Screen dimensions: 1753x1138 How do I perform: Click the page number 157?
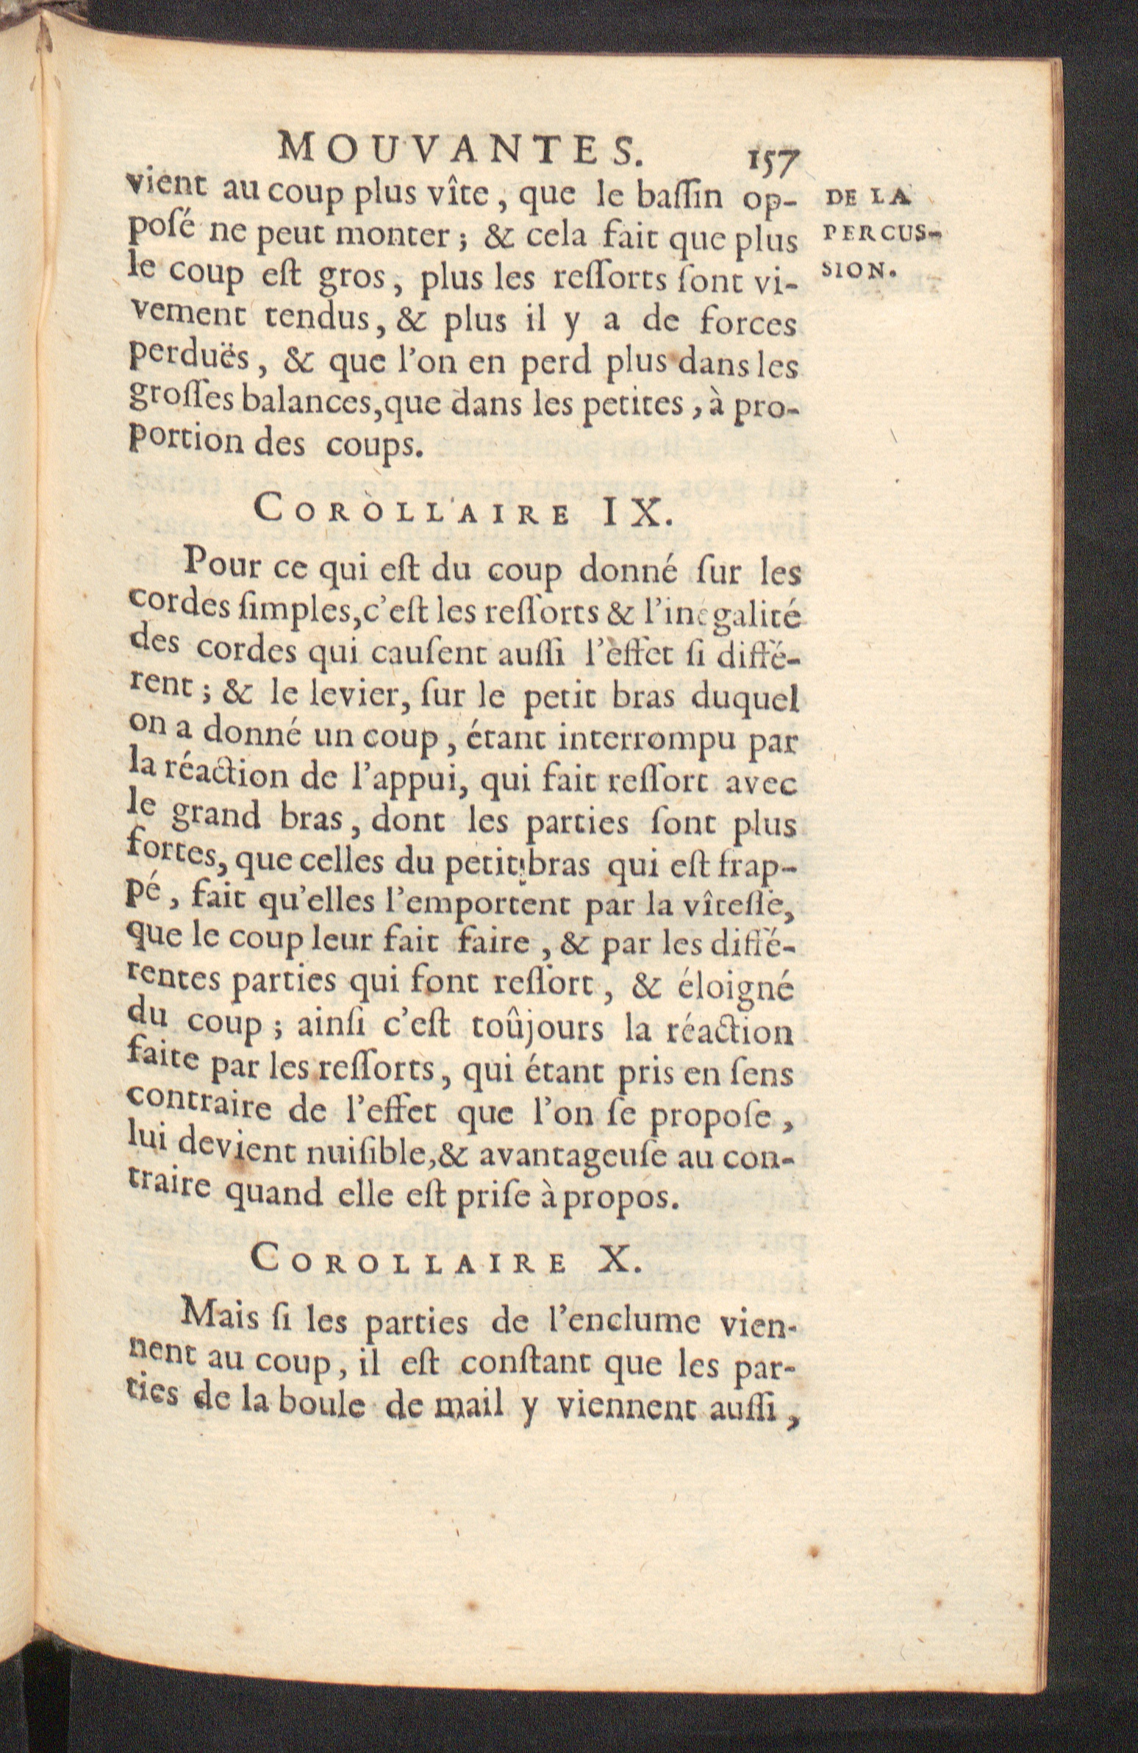coord(772,157)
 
